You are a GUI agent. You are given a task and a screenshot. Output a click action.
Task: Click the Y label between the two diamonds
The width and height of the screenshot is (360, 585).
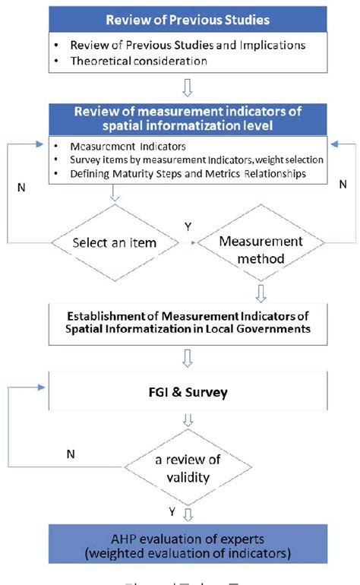(188, 226)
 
